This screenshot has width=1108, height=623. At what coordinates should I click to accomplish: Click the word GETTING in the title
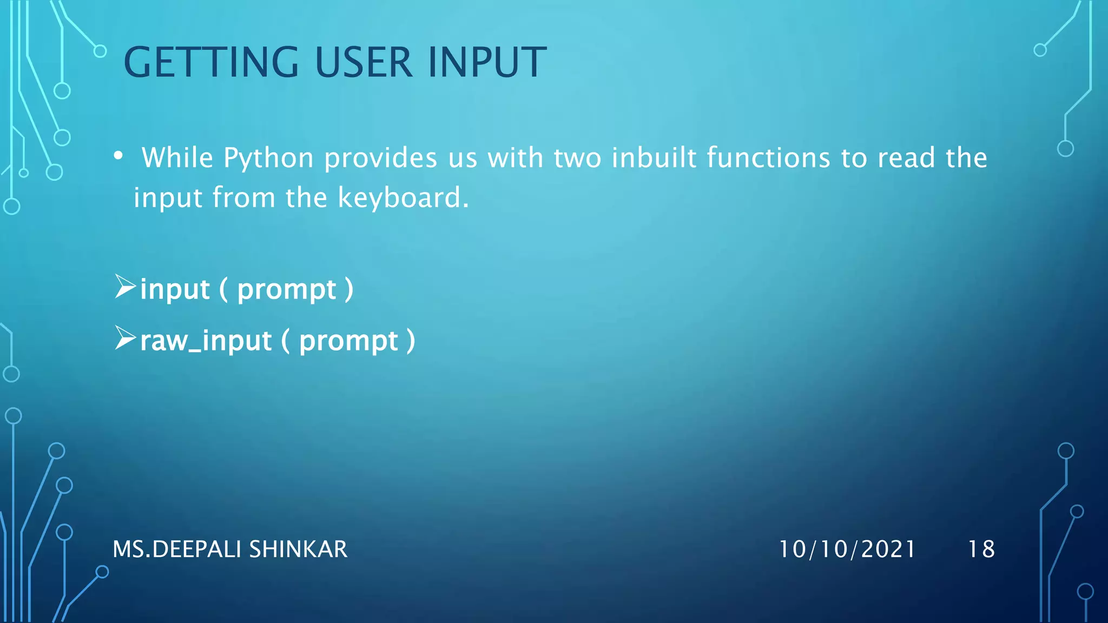click(x=211, y=63)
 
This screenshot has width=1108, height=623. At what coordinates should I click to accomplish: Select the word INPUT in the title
click(x=487, y=63)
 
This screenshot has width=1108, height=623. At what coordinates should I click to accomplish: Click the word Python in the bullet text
click(x=268, y=158)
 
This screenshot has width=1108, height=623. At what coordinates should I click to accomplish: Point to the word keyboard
click(x=403, y=197)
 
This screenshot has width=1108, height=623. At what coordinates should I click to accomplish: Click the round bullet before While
click(x=118, y=157)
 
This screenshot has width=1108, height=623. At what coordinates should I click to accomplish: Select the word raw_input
click(x=206, y=341)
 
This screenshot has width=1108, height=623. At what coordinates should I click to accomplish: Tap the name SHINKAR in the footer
click(x=298, y=549)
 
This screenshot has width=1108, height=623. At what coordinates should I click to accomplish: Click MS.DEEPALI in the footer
click(x=177, y=549)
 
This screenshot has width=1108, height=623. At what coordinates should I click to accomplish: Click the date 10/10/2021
click(x=847, y=549)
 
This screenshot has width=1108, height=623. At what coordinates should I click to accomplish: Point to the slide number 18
click(x=981, y=549)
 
